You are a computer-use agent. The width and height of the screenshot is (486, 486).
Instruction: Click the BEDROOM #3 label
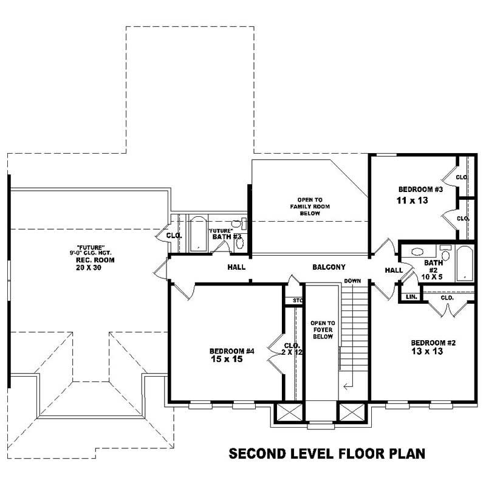(419, 189)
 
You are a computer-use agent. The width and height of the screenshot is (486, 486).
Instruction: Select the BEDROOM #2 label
(433, 342)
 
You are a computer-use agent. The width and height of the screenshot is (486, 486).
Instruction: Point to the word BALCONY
(329, 267)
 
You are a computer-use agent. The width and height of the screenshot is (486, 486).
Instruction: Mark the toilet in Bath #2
(446, 252)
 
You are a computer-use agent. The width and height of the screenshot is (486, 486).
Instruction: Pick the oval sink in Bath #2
(418, 251)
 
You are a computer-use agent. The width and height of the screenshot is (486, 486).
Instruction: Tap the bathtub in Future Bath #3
(197, 234)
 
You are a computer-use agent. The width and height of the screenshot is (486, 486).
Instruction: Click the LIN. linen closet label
(410, 297)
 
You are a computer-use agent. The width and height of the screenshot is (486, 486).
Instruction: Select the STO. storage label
(297, 300)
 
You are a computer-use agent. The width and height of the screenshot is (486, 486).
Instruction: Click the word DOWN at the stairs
(352, 281)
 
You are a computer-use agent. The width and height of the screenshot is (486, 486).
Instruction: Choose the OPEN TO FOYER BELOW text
(323, 330)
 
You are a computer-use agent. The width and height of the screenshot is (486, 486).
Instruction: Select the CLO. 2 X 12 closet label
(290, 349)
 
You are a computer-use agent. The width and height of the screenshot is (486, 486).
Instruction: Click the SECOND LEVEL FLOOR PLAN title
(326, 453)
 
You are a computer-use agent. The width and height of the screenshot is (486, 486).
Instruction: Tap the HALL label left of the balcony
(236, 267)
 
